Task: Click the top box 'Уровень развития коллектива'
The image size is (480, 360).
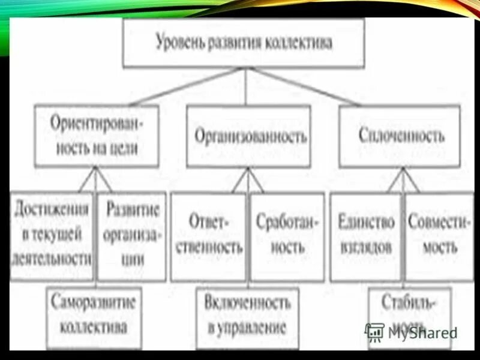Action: [x=243, y=43]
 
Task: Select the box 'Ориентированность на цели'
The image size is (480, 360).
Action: [x=97, y=136]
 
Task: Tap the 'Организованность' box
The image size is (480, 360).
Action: [x=248, y=136]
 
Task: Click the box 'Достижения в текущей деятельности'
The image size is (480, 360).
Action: [x=52, y=236]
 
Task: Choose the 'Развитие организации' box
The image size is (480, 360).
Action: [x=131, y=236]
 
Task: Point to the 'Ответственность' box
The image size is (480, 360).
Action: [x=208, y=236]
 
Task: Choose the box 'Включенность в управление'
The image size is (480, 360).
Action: [x=247, y=316]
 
